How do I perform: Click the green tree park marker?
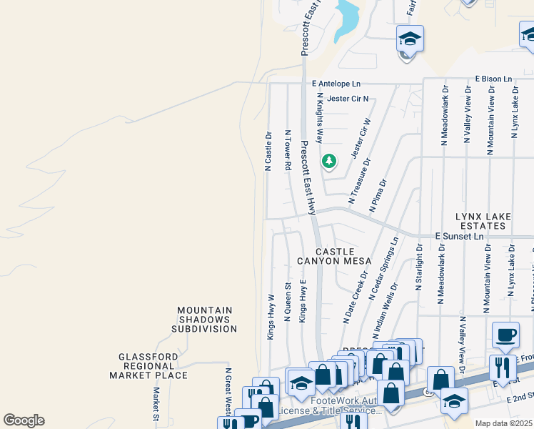click(x=328, y=162)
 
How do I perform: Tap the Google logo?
click(x=24, y=420)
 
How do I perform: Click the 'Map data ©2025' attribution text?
click(x=503, y=423)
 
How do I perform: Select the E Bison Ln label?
click(x=493, y=79)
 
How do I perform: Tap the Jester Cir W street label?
click(x=362, y=139)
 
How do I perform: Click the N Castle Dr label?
click(x=268, y=151)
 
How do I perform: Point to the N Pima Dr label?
click(x=378, y=195)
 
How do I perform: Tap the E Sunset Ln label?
click(x=460, y=236)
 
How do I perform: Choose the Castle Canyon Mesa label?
click(x=335, y=256)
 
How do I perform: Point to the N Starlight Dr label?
click(x=420, y=267)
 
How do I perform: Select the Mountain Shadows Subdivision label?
click(x=204, y=320)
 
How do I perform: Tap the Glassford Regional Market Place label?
click(x=148, y=365)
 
